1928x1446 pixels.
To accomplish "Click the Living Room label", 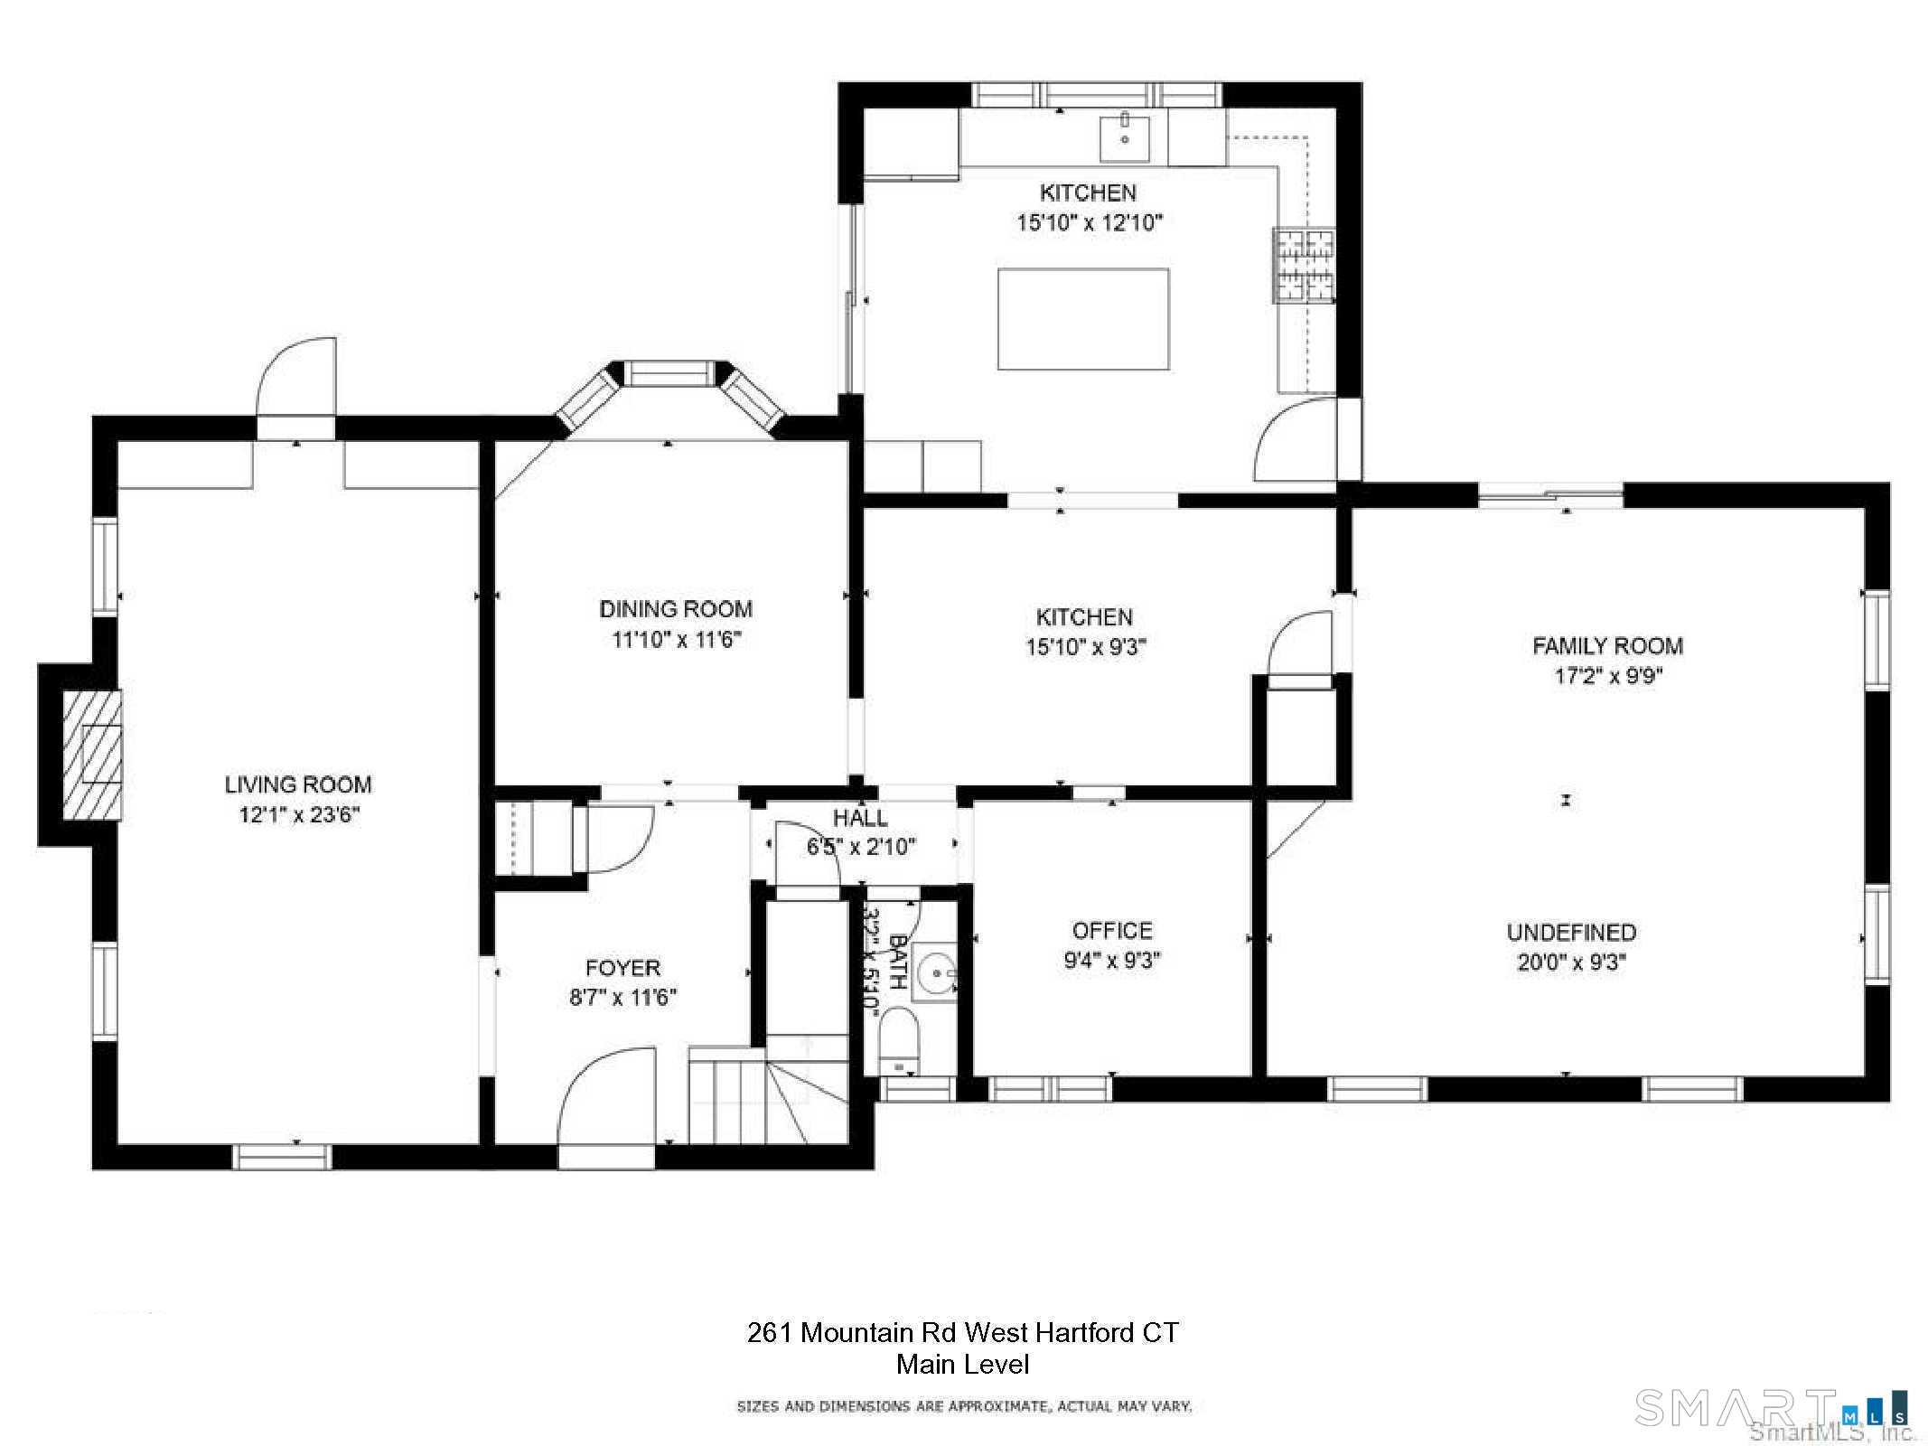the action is click(298, 784).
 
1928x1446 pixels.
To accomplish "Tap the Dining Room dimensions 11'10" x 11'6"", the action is click(676, 640).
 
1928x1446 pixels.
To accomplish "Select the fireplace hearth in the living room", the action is click(91, 756).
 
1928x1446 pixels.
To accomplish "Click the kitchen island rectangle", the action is click(1083, 319).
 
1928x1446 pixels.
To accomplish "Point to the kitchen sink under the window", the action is click(1125, 137).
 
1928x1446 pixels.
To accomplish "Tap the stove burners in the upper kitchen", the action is click(1304, 264).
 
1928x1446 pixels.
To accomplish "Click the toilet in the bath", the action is click(898, 1040).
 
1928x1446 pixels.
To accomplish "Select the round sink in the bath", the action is click(935, 972).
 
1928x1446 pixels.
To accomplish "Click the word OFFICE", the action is click(1112, 931).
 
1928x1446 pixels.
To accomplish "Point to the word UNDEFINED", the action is click(1571, 933).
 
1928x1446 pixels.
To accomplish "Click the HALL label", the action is click(860, 818).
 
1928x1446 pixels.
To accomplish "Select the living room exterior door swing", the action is click(296, 378).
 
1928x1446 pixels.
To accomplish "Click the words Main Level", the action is click(963, 1365).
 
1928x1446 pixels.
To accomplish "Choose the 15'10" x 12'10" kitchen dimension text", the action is click(1090, 222).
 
